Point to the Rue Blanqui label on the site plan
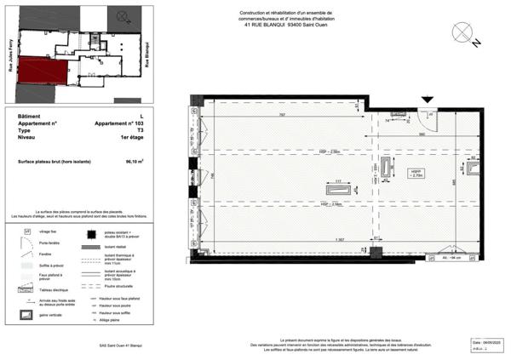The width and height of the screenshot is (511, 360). click(x=148, y=54)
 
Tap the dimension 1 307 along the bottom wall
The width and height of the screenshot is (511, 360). click(x=339, y=239)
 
